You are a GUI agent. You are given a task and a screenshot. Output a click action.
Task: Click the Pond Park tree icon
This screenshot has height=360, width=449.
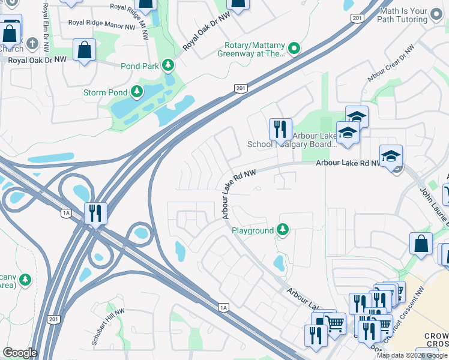click(170, 65)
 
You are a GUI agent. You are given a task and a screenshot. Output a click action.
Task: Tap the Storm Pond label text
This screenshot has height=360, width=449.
click(106, 92)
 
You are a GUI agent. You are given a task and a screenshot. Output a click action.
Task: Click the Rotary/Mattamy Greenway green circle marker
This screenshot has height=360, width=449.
click(294, 49)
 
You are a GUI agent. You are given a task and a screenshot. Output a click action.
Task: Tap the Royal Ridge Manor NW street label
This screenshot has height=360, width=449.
click(102, 26)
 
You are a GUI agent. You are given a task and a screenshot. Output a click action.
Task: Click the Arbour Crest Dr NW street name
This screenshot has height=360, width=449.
click(392, 65)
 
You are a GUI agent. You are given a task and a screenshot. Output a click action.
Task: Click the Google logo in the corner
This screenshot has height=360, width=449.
click(20, 353)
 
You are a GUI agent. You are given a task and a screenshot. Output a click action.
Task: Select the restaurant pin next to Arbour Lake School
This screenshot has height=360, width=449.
click(280, 130)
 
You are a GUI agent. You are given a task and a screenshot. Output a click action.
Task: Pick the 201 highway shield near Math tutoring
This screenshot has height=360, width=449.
click(358, 19)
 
